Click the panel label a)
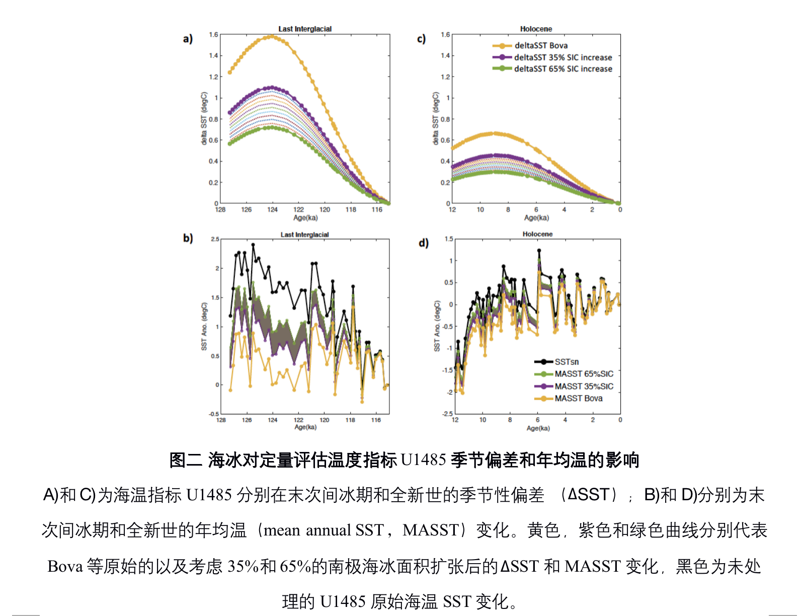click(x=188, y=39)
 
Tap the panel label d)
click(x=424, y=243)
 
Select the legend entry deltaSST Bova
click(x=541, y=45)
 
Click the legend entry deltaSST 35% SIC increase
click(x=562, y=57)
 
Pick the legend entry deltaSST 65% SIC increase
click(x=562, y=69)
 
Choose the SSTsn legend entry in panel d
click(x=567, y=362)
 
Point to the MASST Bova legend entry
click(x=578, y=399)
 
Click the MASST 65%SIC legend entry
click(x=584, y=374)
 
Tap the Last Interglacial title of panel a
click(x=305, y=29)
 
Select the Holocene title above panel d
click(x=537, y=234)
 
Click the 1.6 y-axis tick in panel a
click(x=213, y=35)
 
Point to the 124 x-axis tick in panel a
click(x=272, y=210)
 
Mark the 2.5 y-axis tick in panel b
click(x=215, y=239)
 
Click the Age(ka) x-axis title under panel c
click(x=536, y=218)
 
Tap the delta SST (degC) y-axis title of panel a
click(x=204, y=119)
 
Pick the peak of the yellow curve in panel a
click(x=272, y=36)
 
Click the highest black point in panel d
click(x=539, y=250)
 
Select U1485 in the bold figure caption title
click(x=423, y=460)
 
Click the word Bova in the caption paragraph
click(x=65, y=566)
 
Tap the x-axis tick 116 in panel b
click(x=376, y=420)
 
